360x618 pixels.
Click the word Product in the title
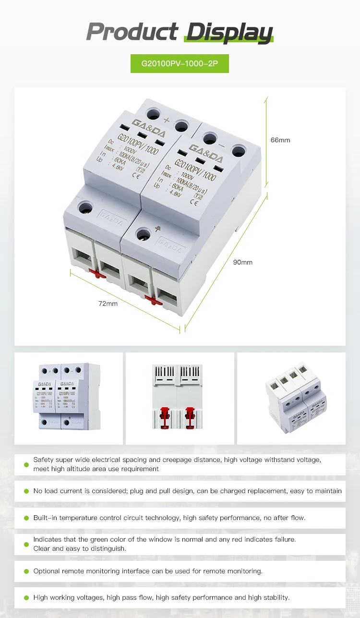pyautogui.click(x=132, y=32)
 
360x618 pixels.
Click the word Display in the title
pyautogui.click(x=229, y=32)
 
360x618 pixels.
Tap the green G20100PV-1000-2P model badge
pyautogui.click(x=180, y=63)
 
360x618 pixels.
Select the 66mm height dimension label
pyautogui.click(x=280, y=140)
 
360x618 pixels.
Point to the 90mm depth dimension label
pyautogui.click(x=242, y=262)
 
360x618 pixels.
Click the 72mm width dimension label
pyautogui.click(x=108, y=303)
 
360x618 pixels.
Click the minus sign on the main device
pyautogui.click(x=222, y=144)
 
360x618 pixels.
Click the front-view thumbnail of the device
pyautogui.click(x=68, y=398)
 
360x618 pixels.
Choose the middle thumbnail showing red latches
pyautogui.click(x=180, y=398)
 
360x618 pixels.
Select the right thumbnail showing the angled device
pyautogui.click(x=291, y=398)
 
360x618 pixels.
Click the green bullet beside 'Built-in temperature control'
pyautogui.click(x=26, y=518)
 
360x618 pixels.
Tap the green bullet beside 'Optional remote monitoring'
pyautogui.click(x=26, y=571)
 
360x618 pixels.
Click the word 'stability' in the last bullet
pyautogui.click(x=275, y=598)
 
